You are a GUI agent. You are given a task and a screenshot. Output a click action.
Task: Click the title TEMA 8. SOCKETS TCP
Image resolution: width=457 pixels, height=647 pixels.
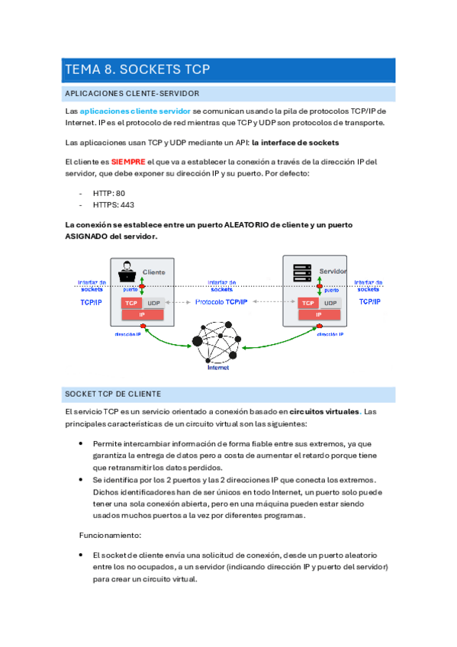(x=137, y=69)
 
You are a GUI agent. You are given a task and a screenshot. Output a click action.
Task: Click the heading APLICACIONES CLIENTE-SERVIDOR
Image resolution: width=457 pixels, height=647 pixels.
(x=132, y=93)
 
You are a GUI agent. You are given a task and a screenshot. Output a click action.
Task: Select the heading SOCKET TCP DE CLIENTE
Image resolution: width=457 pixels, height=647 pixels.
(x=113, y=394)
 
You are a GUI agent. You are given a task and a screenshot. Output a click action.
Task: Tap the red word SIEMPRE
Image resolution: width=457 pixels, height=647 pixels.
(x=128, y=162)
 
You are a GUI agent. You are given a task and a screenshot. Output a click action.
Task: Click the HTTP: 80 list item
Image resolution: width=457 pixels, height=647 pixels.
(x=109, y=194)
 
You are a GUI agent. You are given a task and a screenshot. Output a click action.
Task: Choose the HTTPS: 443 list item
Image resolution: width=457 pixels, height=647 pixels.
(x=113, y=205)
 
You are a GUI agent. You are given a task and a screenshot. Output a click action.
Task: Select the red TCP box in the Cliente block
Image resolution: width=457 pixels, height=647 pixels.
(x=131, y=303)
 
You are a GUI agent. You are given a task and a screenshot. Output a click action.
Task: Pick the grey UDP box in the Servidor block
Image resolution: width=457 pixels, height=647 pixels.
(x=330, y=303)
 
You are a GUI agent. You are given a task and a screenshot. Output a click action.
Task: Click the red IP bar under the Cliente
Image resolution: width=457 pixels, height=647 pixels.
(x=143, y=314)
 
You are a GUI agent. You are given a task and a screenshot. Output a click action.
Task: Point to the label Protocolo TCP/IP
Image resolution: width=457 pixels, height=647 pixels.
(x=221, y=303)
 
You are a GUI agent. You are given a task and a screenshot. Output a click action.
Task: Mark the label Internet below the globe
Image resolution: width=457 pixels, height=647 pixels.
(x=218, y=367)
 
